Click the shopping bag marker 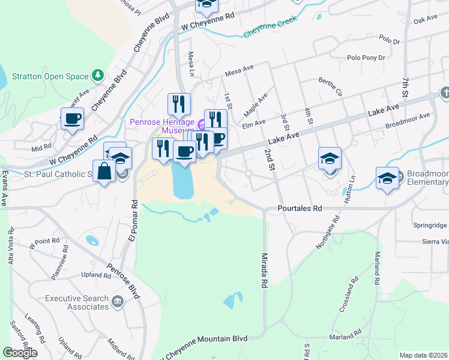[104, 171]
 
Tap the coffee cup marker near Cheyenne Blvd [73, 118]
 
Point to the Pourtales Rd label [300, 209]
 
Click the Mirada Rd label [264, 269]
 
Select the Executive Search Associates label [77, 302]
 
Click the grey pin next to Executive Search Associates [118, 303]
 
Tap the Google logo [20, 353]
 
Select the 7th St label [406, 88]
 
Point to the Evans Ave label [4, 188]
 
